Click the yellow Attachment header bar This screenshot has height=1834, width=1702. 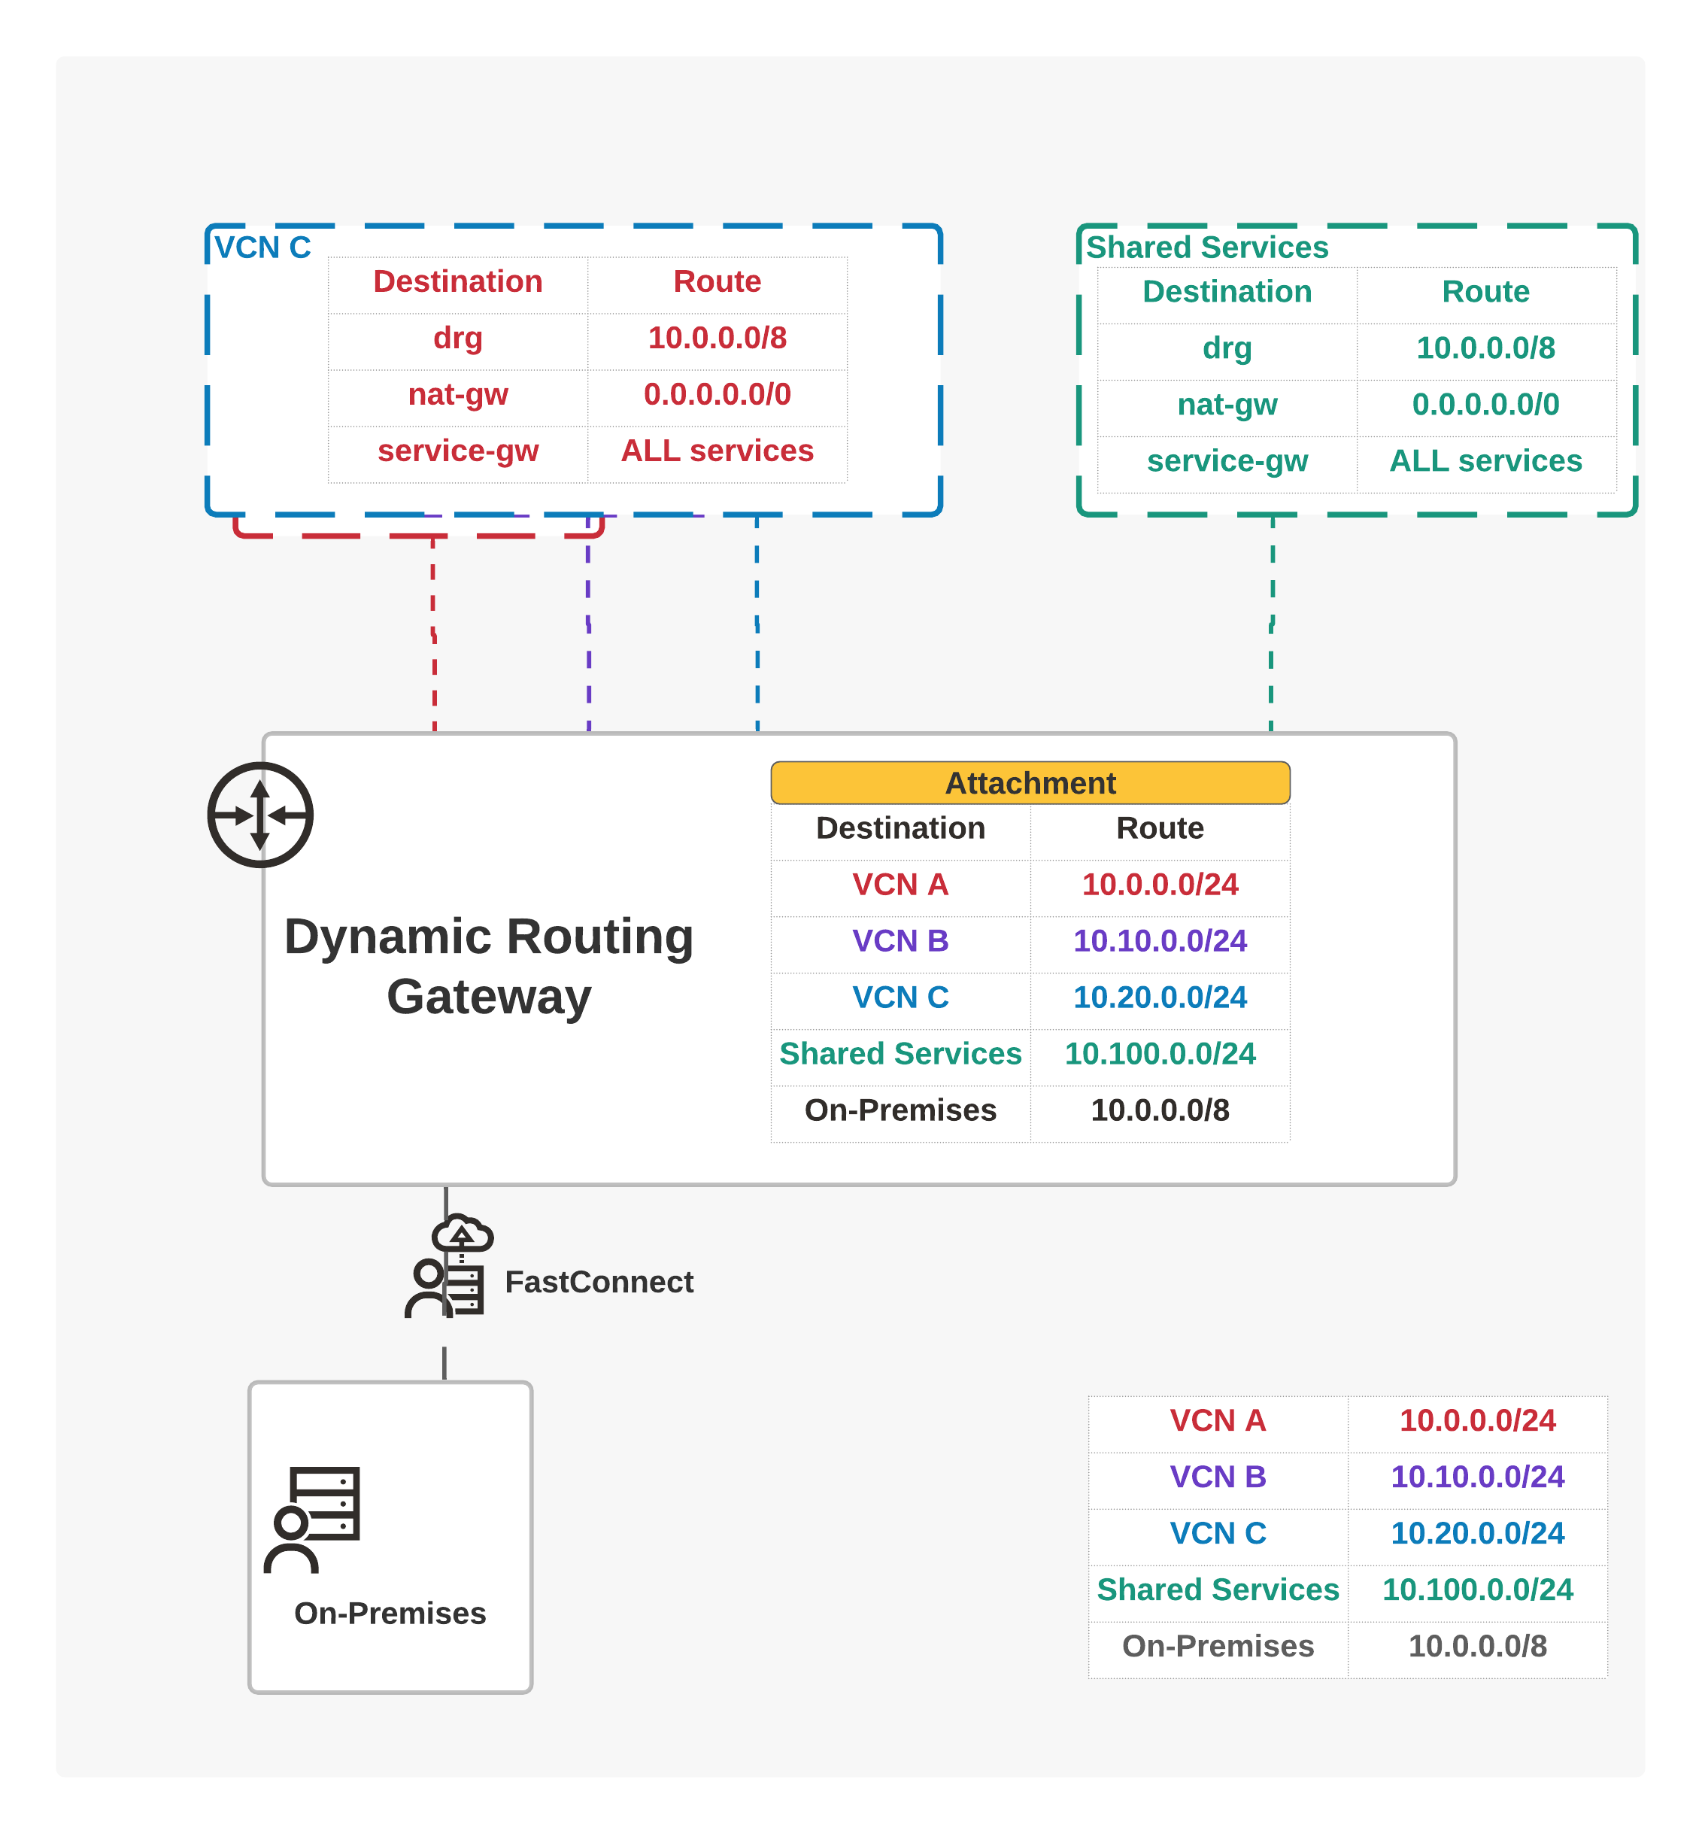click(x=1030, y=782)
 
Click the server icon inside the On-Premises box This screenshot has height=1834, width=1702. click(x=311, y=1519)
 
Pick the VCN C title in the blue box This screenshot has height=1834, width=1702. click(x=262, y=247)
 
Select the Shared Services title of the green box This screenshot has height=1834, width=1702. click(x=1206, y=247)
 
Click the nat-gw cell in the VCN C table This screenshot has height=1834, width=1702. click(x=458, y=394)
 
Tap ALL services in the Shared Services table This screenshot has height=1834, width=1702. click(x=1485, y=460)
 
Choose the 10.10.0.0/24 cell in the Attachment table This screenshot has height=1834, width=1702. click(x=1160, y=940)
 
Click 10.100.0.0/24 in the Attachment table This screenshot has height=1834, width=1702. click(x=1160, y=1053)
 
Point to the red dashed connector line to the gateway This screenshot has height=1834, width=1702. click(x=434, y=633)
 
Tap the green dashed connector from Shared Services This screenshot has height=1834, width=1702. click(x=1272, y=624)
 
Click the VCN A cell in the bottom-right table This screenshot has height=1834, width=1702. click(x=1218, y=1420)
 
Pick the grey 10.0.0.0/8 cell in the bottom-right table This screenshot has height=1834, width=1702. click(x=1477, y=1645)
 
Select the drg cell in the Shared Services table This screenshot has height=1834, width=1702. click(x=1227, y=348)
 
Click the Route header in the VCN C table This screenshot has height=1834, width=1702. click(x=717, y=281)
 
